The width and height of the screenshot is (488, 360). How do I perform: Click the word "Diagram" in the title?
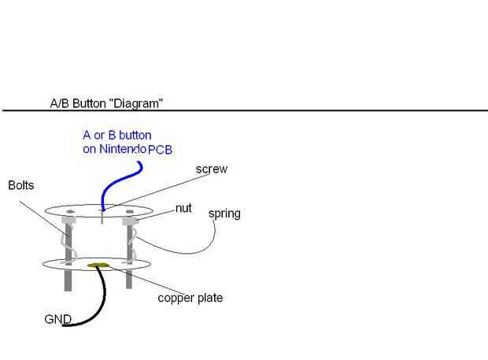(139, 103)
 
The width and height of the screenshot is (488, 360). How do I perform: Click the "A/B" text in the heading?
(60, 103)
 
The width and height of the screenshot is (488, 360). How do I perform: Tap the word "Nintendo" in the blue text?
(123, 149)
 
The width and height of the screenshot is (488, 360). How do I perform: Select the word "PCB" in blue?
(160, 150)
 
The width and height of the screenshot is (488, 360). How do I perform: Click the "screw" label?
(212, 169)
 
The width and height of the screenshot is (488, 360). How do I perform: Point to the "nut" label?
(183, 208)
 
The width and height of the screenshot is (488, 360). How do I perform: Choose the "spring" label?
(224, 214)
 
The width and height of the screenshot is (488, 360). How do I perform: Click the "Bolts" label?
(20, 185)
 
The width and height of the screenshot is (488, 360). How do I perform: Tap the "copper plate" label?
(190, 298)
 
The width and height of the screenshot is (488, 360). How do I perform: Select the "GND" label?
(58, 319)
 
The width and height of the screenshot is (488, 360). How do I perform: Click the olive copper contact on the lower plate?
(98, 265)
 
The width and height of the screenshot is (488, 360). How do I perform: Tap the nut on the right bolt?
(130, 221)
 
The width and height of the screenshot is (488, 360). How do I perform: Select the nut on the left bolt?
(68, 220)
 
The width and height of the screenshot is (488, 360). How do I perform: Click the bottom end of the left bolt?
(68, 291)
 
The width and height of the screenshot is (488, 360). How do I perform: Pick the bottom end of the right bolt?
(129, 288)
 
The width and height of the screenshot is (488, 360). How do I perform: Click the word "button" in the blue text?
(135, 135)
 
